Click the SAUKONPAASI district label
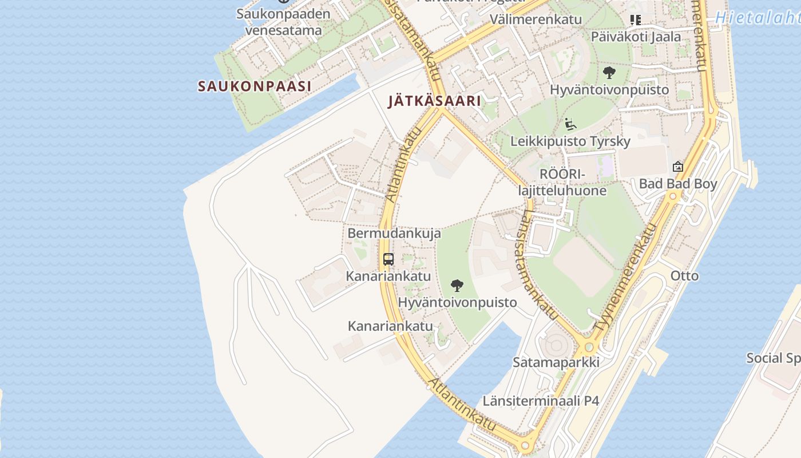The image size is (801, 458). point(255,86)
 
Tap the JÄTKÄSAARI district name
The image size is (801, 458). point(434,101)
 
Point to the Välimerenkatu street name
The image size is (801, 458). point(536,19)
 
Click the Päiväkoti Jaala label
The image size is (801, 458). point(636,37)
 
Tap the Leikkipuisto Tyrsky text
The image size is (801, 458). point(570,141)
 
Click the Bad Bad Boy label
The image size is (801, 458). point(678,184)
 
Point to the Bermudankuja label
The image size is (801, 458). point(394,233)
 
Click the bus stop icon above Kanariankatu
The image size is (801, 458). point(388,259)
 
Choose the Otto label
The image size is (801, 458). point(684,275)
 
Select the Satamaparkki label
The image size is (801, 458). point(556,362)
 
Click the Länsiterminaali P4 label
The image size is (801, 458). point(541,400)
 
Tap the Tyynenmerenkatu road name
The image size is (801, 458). point(626,278)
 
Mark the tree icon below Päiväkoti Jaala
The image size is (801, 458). point(609,73)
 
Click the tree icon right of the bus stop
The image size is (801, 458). point(457,285)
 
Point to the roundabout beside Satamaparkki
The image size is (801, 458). point(588,348)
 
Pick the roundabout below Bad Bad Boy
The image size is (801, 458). point(673,196)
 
